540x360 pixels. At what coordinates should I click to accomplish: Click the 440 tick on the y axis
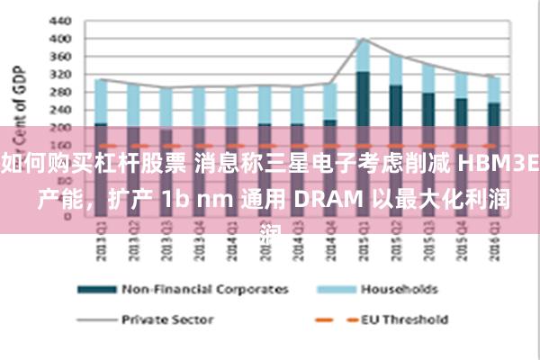coord(58,20)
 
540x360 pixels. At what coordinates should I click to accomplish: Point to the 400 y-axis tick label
coord(58,39)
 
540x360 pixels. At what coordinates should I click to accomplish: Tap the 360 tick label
coord(58,57)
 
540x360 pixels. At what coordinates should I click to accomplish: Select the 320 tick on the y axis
coord(58,75)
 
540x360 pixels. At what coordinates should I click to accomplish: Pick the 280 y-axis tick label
coord(58,93)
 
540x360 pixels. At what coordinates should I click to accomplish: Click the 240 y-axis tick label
coord(58,110)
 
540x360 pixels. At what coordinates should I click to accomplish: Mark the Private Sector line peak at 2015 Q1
coord(363,39)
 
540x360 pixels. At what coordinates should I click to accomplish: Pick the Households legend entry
coord(399,289)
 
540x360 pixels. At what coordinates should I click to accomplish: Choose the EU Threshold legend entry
coord(404,319)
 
